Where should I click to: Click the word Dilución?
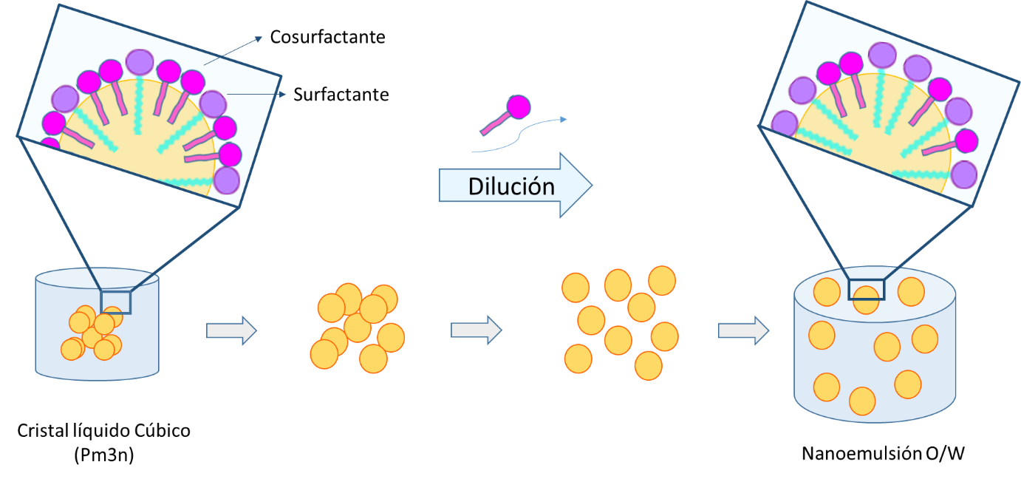tap(511, 186)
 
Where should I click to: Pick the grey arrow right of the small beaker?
tap(231, 330)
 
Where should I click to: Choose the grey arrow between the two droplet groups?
tap(476, 330)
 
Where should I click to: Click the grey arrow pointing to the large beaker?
tap(743, 330)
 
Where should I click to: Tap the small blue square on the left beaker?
tap(115, 302)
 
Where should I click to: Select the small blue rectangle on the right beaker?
tap(867, 290)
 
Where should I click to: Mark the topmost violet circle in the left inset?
tap(140, 62)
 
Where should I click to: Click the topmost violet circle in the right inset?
tap(882, 55)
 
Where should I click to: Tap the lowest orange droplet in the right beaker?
tap(862, 401)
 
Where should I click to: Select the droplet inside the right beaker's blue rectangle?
tap(867, 299)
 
